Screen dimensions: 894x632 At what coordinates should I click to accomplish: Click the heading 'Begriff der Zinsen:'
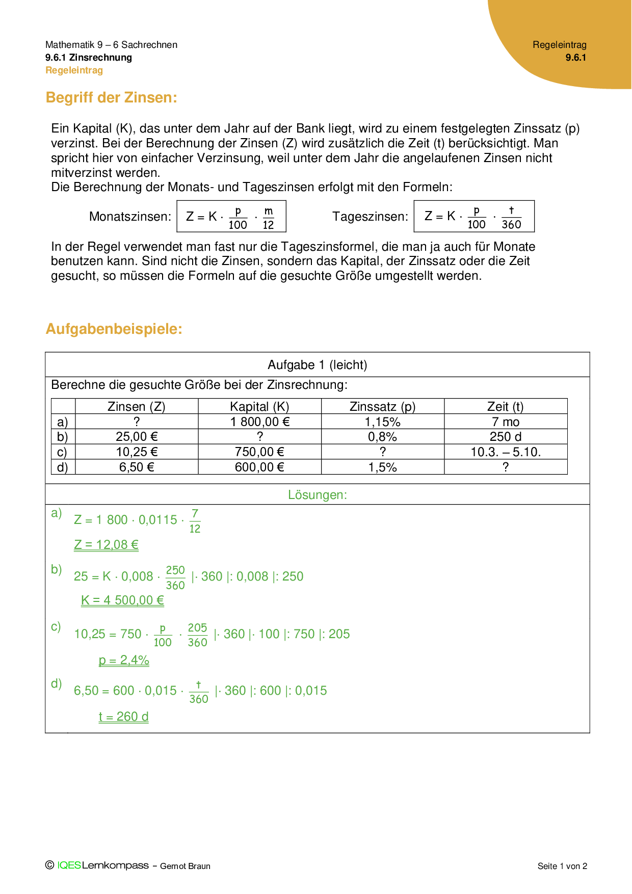[111, 97]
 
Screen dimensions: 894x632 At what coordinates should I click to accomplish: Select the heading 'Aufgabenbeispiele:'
[114, 329]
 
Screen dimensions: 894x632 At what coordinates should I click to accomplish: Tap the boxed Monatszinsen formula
[231, 217]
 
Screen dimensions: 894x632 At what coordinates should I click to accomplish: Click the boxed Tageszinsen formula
[474, 217]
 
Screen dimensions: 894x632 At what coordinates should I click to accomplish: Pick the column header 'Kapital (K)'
[259, 406]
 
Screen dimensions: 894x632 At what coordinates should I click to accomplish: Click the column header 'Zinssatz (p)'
[382, 406]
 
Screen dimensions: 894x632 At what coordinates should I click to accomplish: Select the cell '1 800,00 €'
[259, 422]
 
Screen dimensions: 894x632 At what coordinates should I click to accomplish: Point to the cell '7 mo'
[505, 422]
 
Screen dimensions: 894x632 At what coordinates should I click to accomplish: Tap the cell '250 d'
[505, 437]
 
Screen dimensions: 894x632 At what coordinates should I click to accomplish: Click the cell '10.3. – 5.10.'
[505, 452]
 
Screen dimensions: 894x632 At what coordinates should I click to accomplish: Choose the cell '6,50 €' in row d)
[136, 467]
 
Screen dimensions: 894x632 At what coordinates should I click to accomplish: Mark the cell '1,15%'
[382, 422]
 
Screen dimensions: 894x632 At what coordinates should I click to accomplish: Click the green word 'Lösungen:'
[317, 495]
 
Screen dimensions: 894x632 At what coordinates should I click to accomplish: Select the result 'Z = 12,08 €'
[106, 545]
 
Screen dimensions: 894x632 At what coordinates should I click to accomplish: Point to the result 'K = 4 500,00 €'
[122, 600]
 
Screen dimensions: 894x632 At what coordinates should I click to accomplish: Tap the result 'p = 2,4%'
[124, 661]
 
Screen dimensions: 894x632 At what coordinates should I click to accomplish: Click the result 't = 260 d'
[123, 717]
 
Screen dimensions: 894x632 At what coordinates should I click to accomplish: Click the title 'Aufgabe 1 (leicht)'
[317, 365]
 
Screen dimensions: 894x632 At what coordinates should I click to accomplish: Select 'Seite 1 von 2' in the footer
[562, 866]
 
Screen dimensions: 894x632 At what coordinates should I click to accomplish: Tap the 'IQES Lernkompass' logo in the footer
[102, 865]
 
